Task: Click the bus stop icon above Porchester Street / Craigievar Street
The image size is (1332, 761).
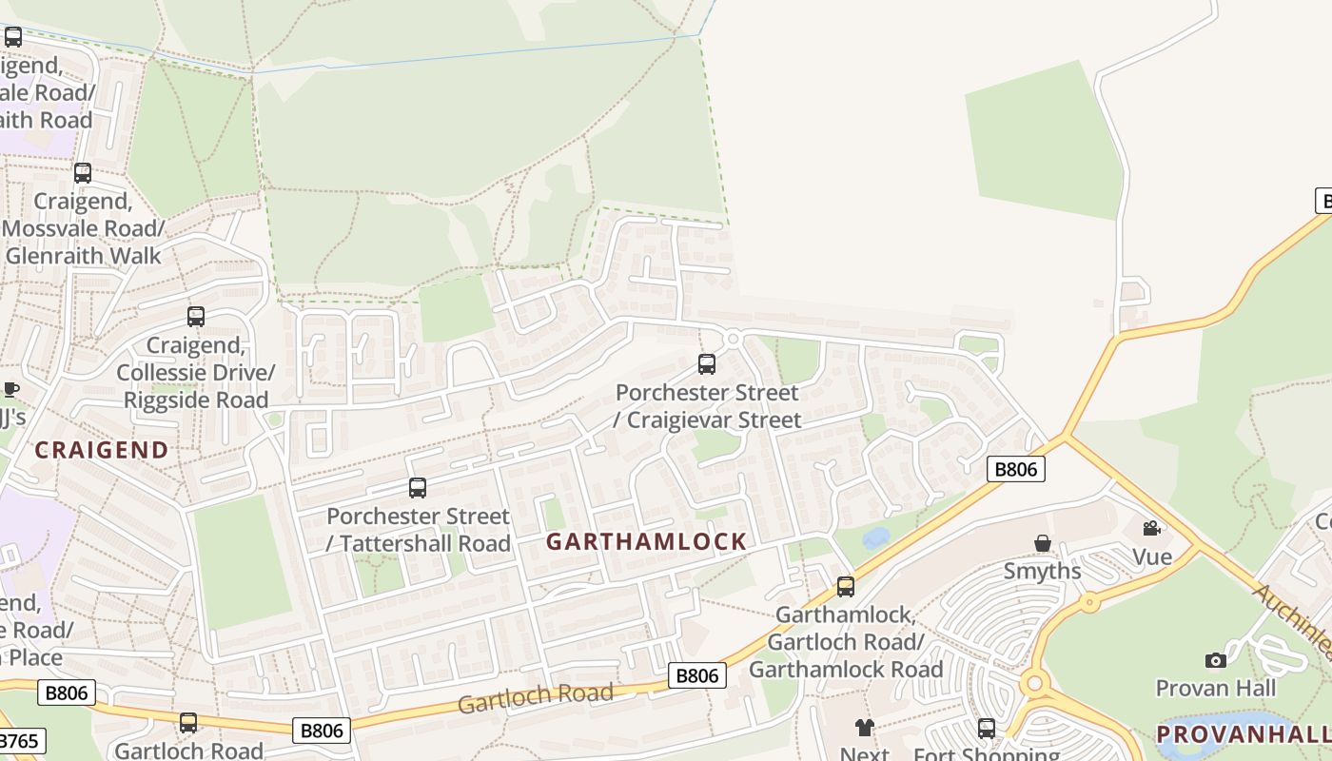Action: point(706,363)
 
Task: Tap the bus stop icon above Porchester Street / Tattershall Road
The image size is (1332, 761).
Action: point(417,488)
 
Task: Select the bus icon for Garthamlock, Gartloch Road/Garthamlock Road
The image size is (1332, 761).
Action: point(845,587)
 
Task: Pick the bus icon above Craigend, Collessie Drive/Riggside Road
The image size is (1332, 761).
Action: point(195,317)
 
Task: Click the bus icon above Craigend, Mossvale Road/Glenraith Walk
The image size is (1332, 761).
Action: point(83,173)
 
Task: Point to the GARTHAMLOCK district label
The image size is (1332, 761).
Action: point(647,542)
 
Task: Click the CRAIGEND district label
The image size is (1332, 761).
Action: point(102,450)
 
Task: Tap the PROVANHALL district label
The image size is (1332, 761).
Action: point(1243,733)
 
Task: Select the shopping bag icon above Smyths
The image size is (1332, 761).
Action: point(1043,543)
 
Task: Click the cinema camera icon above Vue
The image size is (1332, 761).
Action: point(1151,528)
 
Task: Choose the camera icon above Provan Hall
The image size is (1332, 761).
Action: point(1215,660)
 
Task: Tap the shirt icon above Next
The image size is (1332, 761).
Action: point(864,728)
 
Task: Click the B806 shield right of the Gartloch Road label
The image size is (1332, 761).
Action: point(696,675)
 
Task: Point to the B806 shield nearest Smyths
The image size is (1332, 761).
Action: point(1015,469)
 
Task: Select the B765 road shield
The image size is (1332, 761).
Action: point(17,741)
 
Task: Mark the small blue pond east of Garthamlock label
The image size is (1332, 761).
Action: point(876,537)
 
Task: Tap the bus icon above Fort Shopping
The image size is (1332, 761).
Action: point(987,729)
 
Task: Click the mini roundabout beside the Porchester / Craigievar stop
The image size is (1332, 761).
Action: point(732,339)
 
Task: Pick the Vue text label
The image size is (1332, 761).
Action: point(1151,556)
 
